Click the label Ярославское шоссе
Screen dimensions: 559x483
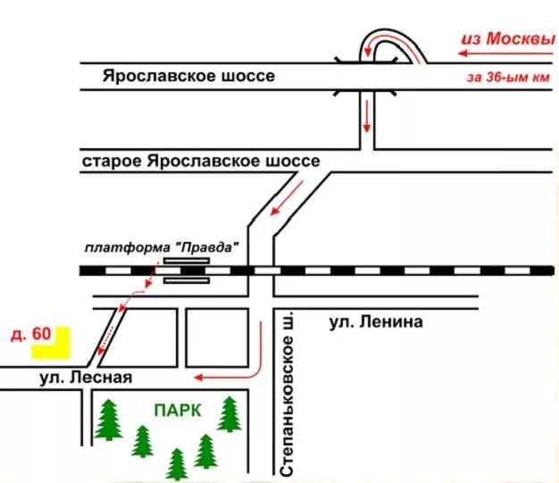[x=188, y=76]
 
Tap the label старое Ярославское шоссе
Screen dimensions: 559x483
[x=200, y=162]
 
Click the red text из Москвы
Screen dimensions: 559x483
[x=506, y=39]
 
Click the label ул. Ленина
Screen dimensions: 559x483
[x=375, y=321]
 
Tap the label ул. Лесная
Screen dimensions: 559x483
[x=86, y=378]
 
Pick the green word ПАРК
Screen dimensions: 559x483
[x=177, y=410]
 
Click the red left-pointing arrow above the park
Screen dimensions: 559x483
[x=223, y=377]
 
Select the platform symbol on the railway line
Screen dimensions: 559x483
[x=187, y=270]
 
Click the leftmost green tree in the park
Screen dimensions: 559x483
[x=108, y=420]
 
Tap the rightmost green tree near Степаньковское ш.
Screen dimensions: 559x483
[x=230, y=414]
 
